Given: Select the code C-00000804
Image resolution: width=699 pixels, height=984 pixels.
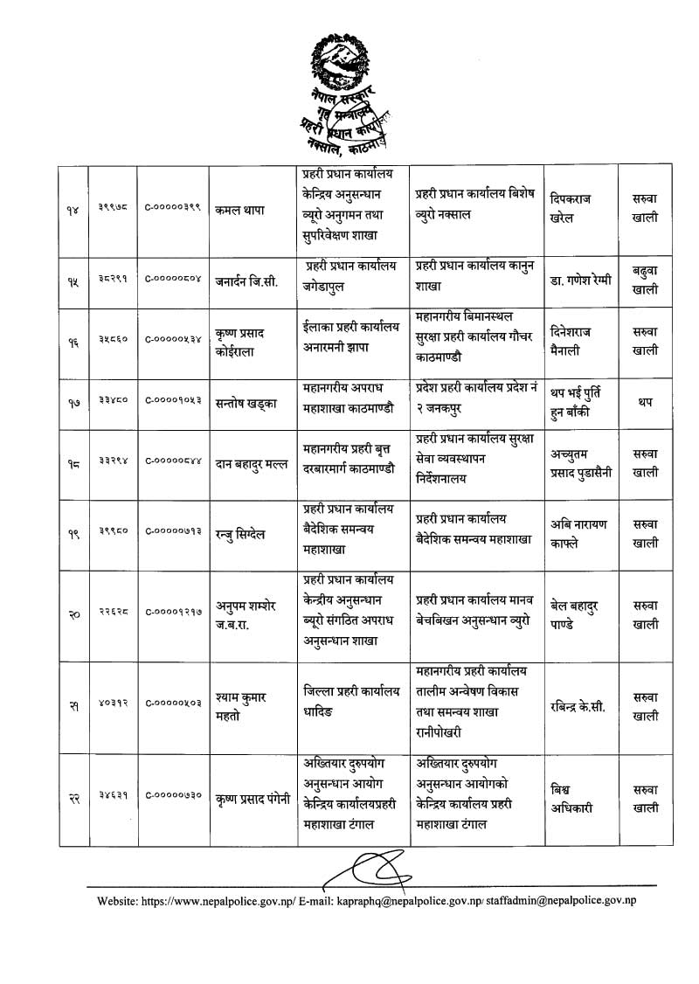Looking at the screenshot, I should coord(173,281).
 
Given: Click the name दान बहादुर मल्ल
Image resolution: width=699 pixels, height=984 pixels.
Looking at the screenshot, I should coord(250,464).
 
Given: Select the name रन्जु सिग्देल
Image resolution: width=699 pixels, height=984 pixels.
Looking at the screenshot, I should coord(244,534).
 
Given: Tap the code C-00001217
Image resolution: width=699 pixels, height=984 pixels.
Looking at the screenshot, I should coord(173,614).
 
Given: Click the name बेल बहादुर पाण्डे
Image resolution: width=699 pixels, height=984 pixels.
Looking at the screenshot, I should coord(581,614).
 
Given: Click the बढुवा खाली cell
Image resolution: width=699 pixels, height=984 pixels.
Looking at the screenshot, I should coord(645,280).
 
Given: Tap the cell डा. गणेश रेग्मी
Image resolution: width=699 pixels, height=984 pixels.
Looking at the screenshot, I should coord(581,280).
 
